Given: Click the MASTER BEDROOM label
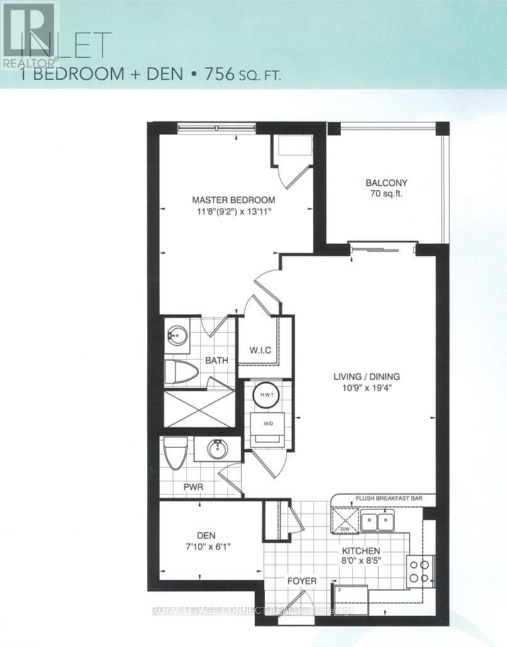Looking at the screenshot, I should click(x=233, y=200).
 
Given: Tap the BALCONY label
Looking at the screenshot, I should click(x=386, y=183).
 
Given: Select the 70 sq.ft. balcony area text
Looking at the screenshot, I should click(x=386, y=195).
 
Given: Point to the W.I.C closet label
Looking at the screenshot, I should click(x=259, y=350).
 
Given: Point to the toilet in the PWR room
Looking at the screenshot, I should click(x=174, y=452).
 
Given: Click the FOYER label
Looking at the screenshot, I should click(x=302, y=581).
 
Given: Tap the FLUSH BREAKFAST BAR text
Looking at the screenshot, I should click(x=388, y=499).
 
